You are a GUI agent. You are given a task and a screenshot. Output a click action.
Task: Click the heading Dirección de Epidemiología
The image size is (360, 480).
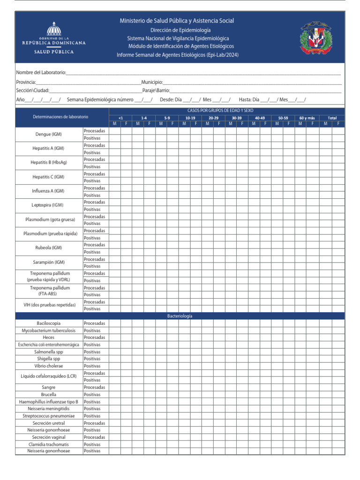coord(177,30)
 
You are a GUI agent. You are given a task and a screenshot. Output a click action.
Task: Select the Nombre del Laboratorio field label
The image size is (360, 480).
coord(41,73)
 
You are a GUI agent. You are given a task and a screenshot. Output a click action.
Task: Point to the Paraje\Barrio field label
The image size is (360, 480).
coord(156,90)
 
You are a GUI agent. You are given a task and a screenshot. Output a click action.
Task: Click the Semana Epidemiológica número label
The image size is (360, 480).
coord(100,99)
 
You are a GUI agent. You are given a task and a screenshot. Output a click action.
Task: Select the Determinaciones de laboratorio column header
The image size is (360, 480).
coord(60,116)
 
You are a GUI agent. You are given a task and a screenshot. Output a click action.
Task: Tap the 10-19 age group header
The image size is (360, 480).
coord(190,118)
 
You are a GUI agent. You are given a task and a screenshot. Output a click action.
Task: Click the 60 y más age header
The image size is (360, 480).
coord(307,118)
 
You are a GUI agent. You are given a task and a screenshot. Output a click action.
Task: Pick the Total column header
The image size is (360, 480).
coord(332,118)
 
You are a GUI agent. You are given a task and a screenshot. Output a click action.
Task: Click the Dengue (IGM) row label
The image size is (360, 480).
coord(49,134)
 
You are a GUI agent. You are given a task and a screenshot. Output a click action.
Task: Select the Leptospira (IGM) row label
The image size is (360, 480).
coord(48,205)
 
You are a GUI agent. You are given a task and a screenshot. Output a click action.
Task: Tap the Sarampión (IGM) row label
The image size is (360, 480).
coord(48,262)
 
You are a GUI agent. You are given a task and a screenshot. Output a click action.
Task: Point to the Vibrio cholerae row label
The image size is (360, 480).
coord(49,366)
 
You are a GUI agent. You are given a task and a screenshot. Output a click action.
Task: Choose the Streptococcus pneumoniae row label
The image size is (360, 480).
coord(49,416)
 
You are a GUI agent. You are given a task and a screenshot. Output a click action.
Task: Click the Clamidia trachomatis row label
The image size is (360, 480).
coord(49,444)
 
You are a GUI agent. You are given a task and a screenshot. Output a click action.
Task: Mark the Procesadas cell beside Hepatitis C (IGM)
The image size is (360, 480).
coord(95,173)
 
